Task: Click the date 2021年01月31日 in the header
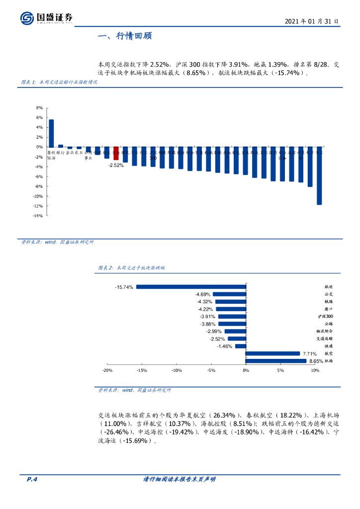pyautogui.click(x=312, y=21)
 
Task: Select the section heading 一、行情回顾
pyautogui.click(x=125, y=36)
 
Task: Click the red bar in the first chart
pyautogui.click(x=116, y=153)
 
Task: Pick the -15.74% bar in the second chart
pyautogui.click(x=191, y=287)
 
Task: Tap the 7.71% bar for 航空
pyautogui.click(x=272, y=354)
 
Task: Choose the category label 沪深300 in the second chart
pyautogui.click(x=326, y=317)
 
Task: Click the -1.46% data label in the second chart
pyautogui.click(x=225, y=346)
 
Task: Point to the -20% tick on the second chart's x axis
pyautogui.click(x=107, y=371)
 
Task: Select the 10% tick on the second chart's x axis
pyautogui.click(x=315, y=371)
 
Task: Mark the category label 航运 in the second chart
pyautogui.click(x=328, y=287)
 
